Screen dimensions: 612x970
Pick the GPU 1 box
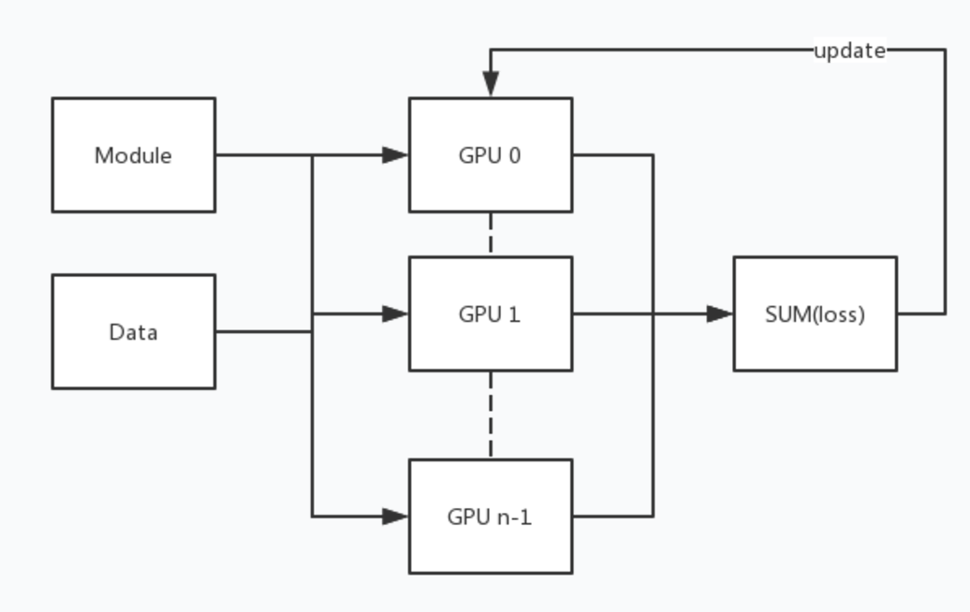point(490,342)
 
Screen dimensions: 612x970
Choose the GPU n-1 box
point(490,543)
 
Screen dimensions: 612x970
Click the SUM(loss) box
point(815,342)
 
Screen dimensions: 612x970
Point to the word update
point(849,51)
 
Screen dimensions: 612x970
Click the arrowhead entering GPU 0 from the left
point(396,155)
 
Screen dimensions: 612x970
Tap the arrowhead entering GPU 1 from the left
point(396,314)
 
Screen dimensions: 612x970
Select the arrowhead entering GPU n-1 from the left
point(396,516)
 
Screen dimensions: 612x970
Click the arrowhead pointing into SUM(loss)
point(720,314)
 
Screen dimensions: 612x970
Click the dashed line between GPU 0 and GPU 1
point(490,234)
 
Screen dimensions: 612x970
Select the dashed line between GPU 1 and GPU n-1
point(490,415)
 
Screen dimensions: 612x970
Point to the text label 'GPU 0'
point(490,155)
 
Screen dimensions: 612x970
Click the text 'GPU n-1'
point(490,516)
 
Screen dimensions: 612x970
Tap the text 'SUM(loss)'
point(815,314)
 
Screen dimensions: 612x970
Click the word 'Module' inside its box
point(133,155)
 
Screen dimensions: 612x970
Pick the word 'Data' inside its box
point(133,332)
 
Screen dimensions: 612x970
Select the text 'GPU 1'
point(490,314)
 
